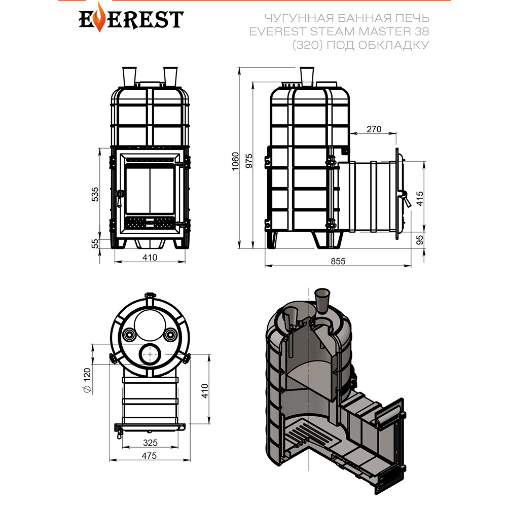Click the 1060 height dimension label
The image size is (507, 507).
coord(235,161)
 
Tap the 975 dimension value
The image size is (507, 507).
coord(249,161)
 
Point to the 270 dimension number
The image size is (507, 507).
coord(374,129)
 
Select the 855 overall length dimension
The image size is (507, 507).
coord(338,261)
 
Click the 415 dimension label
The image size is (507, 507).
coord(419,199)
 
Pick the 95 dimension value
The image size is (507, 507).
coord(419,240)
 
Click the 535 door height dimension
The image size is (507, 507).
coord(95,194)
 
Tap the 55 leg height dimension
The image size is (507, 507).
coord(95,243)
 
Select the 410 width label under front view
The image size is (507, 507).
coord(150,258)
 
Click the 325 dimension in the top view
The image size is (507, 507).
coord(150,442)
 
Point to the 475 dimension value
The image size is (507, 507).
coord(150,455)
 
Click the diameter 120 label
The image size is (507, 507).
coord(87,380)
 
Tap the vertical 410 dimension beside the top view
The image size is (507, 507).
coord(205,390)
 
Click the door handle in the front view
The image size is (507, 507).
coord(120,198)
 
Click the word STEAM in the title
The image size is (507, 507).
coord(332,31)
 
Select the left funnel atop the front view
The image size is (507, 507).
coord(129,77)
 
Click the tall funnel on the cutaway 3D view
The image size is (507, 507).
coord(322,300)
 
